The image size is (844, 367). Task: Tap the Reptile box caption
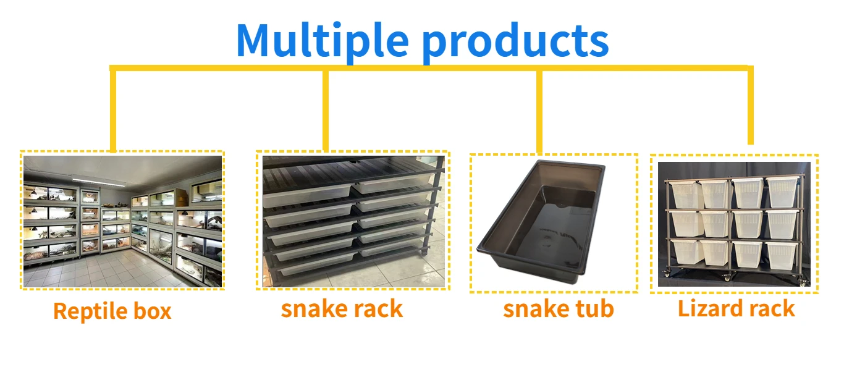tap(112, 311)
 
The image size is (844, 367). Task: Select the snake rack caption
tap(342, 308)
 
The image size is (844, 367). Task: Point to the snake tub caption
tap(558, 308)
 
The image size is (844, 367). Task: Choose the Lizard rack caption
tap(736, 308)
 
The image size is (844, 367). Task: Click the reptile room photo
tap(122, 221)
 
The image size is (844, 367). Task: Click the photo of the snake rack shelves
tap(353, 221)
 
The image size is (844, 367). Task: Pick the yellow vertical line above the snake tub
tap(539, 111)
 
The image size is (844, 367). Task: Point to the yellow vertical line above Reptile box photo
tap(112, 110)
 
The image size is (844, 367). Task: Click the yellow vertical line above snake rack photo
tap(326, 110)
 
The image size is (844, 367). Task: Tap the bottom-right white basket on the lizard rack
tap(782, 254)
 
